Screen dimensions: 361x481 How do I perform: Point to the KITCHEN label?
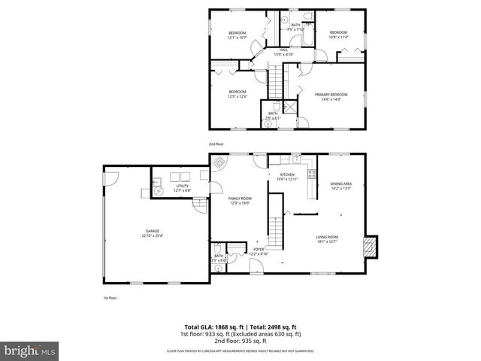(x=286, y=177)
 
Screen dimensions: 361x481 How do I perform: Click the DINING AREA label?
(x=340, y=186)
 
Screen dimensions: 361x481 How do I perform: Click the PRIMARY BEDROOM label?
(x=331, y=97)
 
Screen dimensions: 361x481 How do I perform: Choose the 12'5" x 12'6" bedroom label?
(x=237, y=94)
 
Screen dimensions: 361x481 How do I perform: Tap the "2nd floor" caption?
(x=216, y=143)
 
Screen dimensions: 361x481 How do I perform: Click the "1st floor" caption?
(x=110, y=298)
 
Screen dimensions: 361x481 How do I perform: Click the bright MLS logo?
(x=29, y=350)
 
